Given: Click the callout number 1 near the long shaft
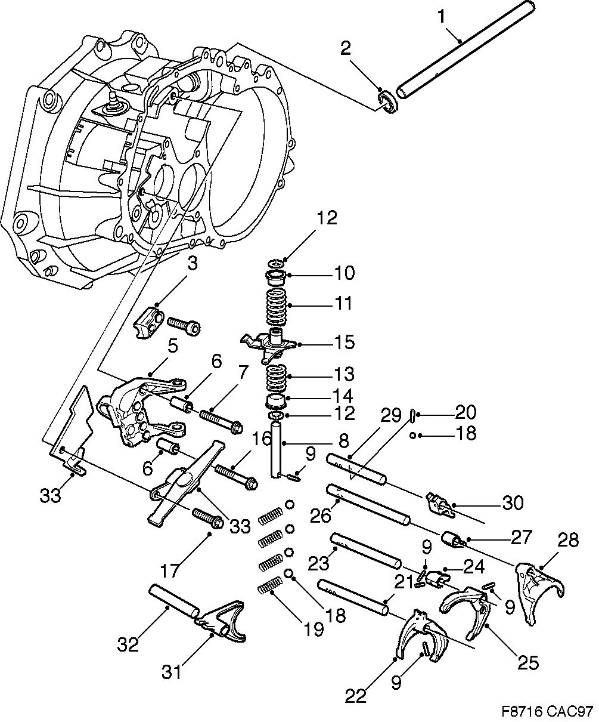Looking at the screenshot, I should point(441,17).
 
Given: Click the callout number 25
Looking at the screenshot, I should point(527,662).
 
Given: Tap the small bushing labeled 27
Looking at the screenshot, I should point(452,539).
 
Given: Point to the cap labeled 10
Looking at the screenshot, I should point(276,277).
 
